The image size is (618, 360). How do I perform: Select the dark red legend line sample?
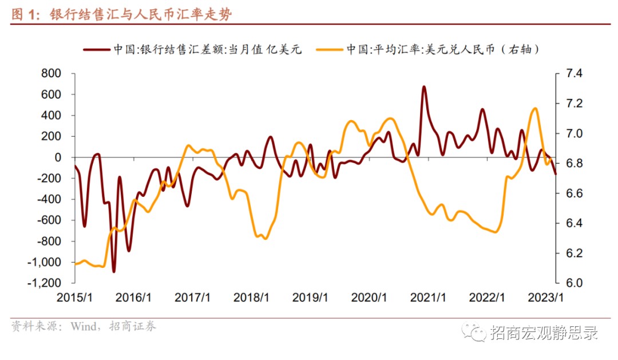[96, 49]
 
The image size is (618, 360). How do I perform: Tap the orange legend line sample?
[330, 49]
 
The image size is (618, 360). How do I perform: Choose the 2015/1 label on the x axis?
[74, 298]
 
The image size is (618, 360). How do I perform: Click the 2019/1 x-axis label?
[310, 298]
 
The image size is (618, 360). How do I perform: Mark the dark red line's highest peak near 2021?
[424, 87]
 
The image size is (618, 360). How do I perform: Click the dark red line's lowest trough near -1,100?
[114, 271]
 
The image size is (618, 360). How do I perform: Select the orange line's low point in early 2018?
[264, 238]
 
